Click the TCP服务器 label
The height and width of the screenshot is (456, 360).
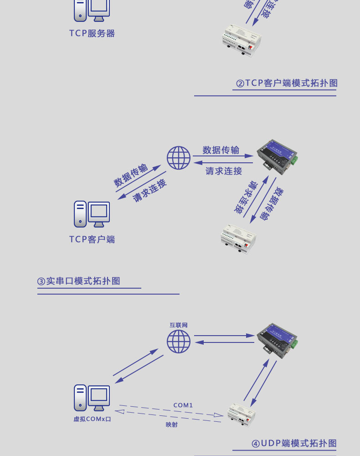tap(92, 33)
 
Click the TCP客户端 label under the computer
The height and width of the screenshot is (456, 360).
tap(92, 239)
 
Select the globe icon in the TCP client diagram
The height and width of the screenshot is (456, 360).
tap(178, 158)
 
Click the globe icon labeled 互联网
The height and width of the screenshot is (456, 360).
tap(178, 342)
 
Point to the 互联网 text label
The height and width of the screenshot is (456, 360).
tap(179, 325)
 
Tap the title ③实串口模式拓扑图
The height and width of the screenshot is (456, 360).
tap(79, 281)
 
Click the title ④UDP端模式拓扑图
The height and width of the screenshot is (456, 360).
tap(294, 443)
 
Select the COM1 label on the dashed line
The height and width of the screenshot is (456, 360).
tap(183, 405)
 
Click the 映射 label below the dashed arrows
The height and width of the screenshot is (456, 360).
tap(172, 425)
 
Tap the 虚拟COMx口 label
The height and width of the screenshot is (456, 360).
tap(92, 419)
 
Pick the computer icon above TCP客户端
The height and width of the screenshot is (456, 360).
tap(92, 214)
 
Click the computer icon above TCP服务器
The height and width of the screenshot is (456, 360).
tap(92, 10)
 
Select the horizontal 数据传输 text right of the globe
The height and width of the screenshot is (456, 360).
tap(221, 150)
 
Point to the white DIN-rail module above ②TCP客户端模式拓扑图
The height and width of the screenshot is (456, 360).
tap(242, 42)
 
